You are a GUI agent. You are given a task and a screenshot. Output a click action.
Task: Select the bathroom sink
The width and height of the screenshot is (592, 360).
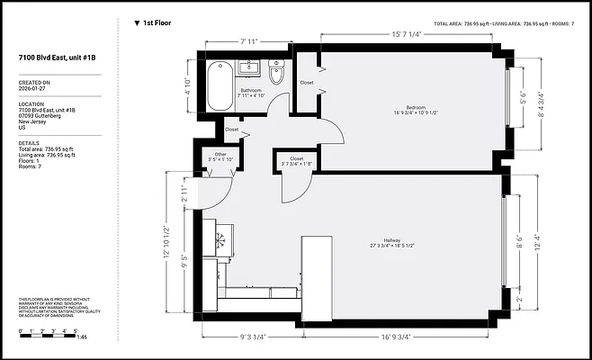tap(250, 67)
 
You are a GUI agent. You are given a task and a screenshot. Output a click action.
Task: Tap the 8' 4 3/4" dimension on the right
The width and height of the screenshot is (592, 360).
tap(540, 107)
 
